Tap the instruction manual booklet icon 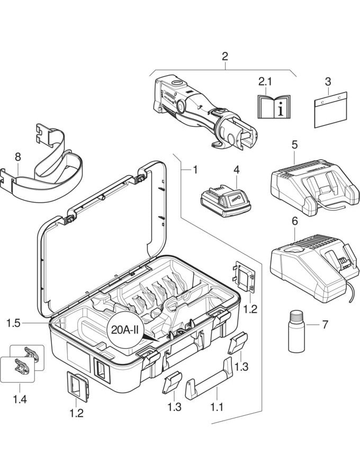click(273, 107)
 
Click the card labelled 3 click(330, 109)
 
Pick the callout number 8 click(18, 157)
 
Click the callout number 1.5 click(14, 322)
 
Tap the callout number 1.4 click(20, 399)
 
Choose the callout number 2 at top click(225, 56)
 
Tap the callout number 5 click(294, 144)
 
